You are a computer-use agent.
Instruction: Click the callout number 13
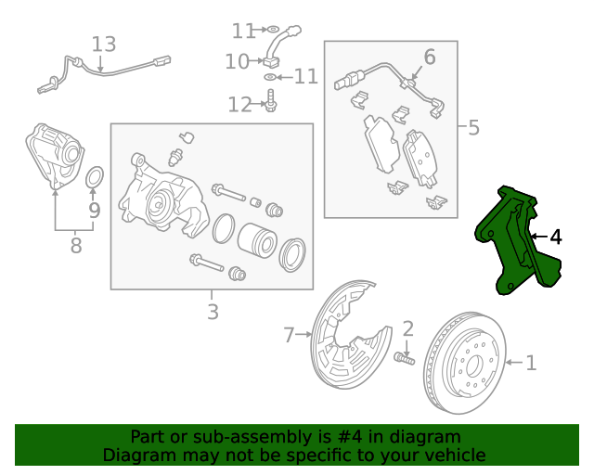pos(104,44)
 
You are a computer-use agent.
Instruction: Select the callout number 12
pos(239,105)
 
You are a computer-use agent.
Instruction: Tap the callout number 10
pos(238,61)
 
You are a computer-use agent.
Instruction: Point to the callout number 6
pos(429,58)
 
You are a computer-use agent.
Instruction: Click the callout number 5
pos(473,126)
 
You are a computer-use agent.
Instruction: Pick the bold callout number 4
pos(556,237)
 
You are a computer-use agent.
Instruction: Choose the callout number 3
pos(213,312)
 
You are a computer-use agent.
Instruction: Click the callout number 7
pos(289,333)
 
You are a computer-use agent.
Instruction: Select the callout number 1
pos(531,363)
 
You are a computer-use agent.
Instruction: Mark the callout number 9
pos(94,211)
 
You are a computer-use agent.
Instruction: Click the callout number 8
pos(76,246)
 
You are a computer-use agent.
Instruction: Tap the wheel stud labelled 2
pos(405,357)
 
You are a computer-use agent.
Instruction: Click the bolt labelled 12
pos(270,101)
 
